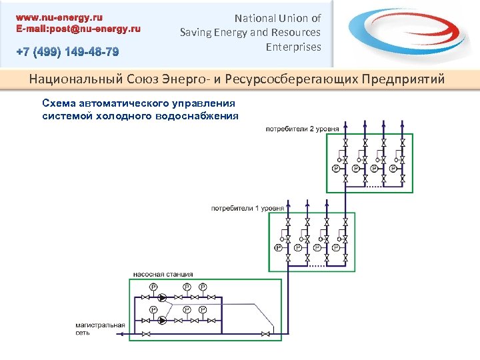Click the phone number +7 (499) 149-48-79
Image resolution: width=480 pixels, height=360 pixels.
pyautogui.click(x=68, y=52)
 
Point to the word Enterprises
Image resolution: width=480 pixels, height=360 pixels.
pyautogui.click(x=293, y=47)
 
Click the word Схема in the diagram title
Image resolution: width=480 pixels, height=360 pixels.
pyautogui.click(x=58, y=103)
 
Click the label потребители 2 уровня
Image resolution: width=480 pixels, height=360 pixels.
pyautogui.click(x=302, y=128)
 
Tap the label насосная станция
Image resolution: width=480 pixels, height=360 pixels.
pyautogui.click(x=163, y=274)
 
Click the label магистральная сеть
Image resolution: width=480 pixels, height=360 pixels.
pyautogui.click(x=99, y=328)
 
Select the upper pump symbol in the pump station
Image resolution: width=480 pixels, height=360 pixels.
pyautogui.click(x=145, y=298)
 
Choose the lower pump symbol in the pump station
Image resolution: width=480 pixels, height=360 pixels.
pyautogui.click(x=145, y=321)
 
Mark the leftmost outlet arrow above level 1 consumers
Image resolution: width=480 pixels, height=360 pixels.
pyautogui.click(x=287, y=203)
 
